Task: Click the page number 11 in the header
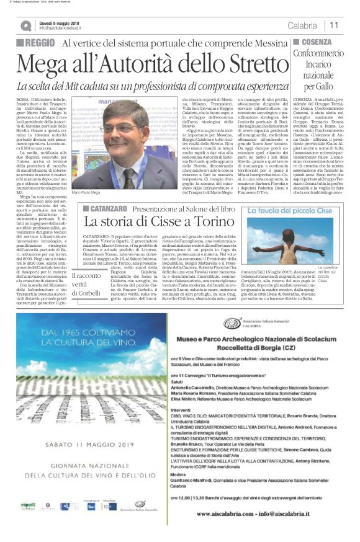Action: click(334, 25)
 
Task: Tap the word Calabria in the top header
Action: click(302, 25)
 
